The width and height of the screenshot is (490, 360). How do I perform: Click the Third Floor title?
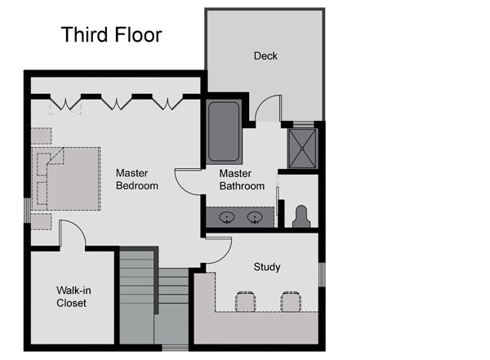pyautogui.click(x=112, y=34)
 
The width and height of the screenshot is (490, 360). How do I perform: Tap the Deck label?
pyautogui.click(x=265, y=56)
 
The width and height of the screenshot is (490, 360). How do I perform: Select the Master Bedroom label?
pyautogui.click(x=137, y=180)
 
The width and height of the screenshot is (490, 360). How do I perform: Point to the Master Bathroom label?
pyautogui.click(x=242, y=180)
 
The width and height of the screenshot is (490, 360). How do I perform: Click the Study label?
pyautogui.click(x=267, y=267)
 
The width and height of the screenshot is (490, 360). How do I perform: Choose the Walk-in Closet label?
pyautogui.click(x=73, y=296)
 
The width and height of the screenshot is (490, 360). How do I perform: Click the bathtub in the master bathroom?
pyautogui.click(x=224, y=132)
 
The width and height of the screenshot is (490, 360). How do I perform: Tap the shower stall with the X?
pyautogui.click(x=302, y=149)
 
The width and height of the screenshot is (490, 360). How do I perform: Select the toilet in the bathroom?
pyautogui.click(x=301, y=216)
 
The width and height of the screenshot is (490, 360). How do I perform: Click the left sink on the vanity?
pyautogui.click(x=227, y=217)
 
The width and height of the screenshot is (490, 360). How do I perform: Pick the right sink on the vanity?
pyautogui.click(x=255, y=217)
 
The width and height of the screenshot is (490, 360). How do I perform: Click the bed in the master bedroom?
pyautogui.click(x=66, y=179)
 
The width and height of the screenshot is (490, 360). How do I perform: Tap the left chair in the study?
pyautogui.click(x=245, y=301)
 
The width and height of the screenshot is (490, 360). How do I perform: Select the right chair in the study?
pyautogui.click(x=291, y=301)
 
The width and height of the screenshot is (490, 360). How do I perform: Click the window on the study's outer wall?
pyautogui.click(x=322, y=274)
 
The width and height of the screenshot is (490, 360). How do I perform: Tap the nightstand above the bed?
pyautogui.click(x=42, y=136)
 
